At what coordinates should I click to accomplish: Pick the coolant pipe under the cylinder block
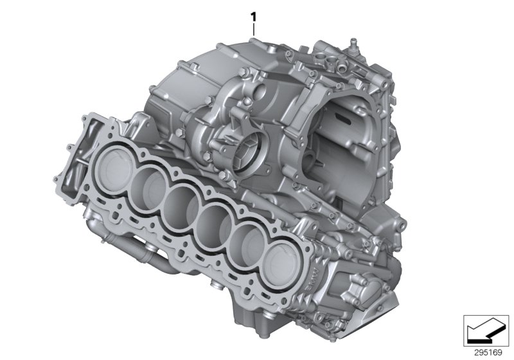click(128, 248)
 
